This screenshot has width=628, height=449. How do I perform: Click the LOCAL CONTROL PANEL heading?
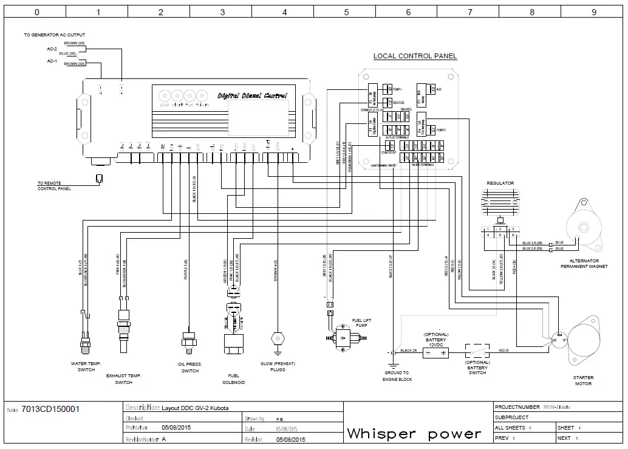coord(415,57)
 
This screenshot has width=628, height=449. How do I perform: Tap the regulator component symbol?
coord(500,201)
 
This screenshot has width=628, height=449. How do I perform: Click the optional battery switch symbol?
coord(477,352)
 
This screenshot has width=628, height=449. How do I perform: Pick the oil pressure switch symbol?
coord(189,340)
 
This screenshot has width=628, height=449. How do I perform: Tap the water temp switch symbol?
coord(85,340)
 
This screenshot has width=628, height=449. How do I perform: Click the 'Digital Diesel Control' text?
coord(252,96)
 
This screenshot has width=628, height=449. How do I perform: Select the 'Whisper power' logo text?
coord(414,434)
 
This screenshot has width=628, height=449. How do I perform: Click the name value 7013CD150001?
coord(50,409)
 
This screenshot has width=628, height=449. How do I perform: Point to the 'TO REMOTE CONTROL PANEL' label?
coord(54,186)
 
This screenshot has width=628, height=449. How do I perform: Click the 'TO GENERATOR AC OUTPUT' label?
coord(55,35)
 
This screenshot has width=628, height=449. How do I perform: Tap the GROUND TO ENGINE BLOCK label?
coord(397,376)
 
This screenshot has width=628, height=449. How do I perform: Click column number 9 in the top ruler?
coord(594,12)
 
